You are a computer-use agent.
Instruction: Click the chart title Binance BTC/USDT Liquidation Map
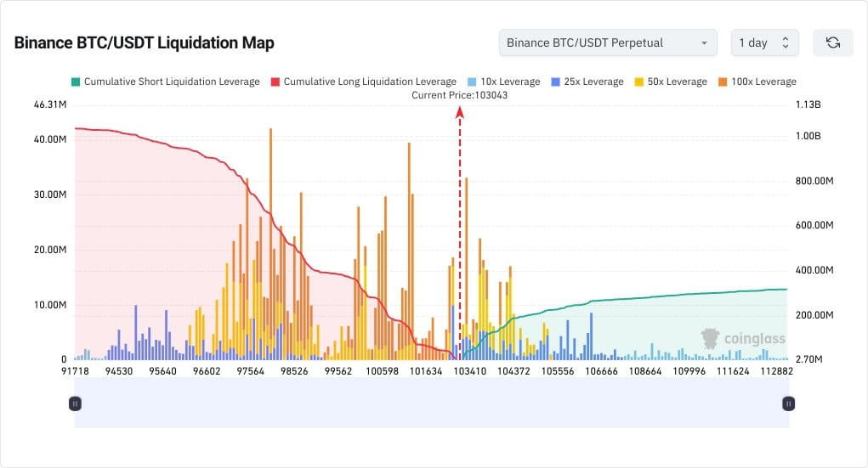pyautogui.click(x=144, y=42)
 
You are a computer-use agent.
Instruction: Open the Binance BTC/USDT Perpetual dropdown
pyautogui.click(x=607, y=42)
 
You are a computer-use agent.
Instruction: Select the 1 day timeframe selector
pyautogui.click(x=764, y=42)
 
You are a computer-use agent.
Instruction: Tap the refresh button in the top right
pyautogui.click(x=832, y=42)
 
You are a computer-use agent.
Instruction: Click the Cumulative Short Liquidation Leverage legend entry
pyautogui.click(x=165, y=82)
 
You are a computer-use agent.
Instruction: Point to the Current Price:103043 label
pyautogui.click(x=459, y=95)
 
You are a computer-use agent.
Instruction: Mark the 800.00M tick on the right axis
pyautogui.click(x=811, y=182)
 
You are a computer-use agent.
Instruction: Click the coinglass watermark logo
pyautogui.click(x=743, y=339)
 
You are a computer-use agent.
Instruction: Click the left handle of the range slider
pyautogui.click(x=75, y=403)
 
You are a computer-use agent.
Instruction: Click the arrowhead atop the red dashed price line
pyautogui.click(x=460, y=110)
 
